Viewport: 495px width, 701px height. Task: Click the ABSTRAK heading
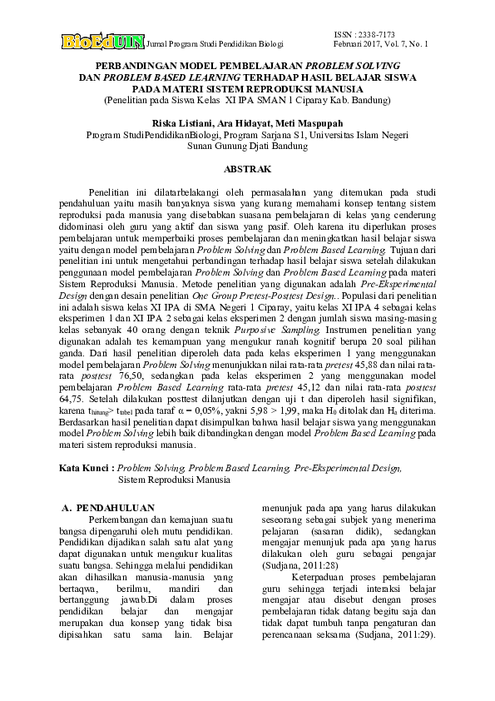coord(248,169)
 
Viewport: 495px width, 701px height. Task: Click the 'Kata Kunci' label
coord(87,470)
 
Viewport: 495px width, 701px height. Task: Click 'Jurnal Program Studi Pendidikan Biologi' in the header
coord(215,42)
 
